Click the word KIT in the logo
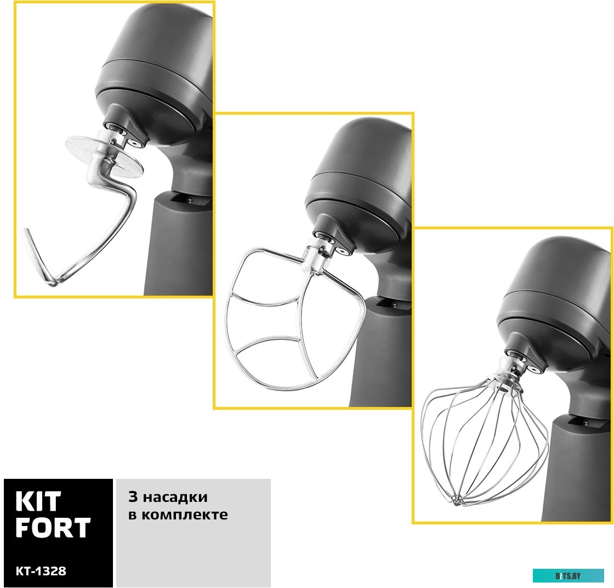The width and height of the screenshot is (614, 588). [38, 502]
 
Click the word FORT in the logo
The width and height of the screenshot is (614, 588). [53, 528]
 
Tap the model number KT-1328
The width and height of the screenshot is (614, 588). [41, 571]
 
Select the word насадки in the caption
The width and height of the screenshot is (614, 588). [175, 497]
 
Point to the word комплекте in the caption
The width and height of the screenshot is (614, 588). [184, 514]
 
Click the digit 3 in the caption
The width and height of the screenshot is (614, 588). [133, 497]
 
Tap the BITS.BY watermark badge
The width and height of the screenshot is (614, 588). [568, 576]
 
